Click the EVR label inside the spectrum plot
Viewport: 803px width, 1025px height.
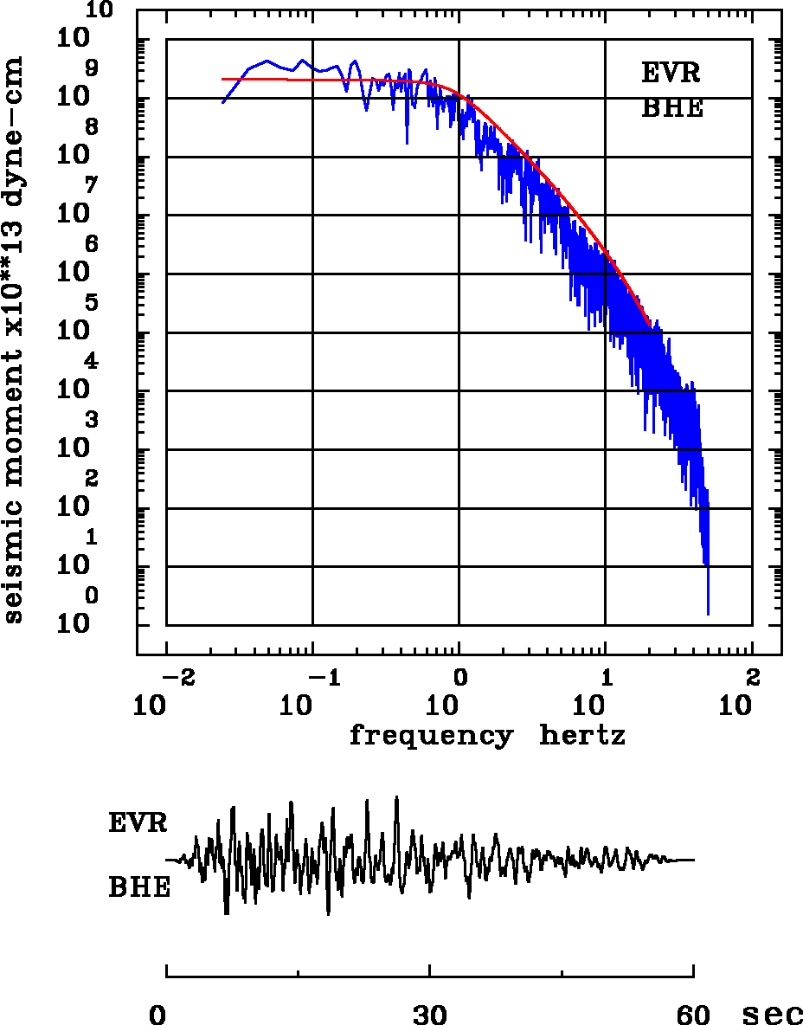click(x=671, y=73)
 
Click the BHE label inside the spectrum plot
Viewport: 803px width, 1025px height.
click(x=672, y=108)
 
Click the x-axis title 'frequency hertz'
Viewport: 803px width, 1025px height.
click(x=487, y=736)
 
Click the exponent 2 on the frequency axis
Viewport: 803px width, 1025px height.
click(x=752, y=675)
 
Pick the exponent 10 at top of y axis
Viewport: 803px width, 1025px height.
click(x=100, y=10)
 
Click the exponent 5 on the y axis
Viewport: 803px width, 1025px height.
click(x=92, y=304)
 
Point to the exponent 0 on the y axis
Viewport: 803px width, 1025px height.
click(x=92, y=596)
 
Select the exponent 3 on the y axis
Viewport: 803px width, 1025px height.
click(x=92, y=421)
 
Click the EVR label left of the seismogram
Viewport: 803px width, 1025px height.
click(x=138, y=822)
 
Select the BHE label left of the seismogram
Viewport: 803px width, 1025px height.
click(x=139, y=887)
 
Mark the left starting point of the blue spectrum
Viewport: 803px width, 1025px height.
click(x=223, y=102)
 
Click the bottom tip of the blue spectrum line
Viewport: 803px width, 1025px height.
click(x=708, y=614)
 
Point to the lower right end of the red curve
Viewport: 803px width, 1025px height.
click(x=650, y=324)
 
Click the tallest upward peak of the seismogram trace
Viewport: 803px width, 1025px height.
click(x=396, y=797)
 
